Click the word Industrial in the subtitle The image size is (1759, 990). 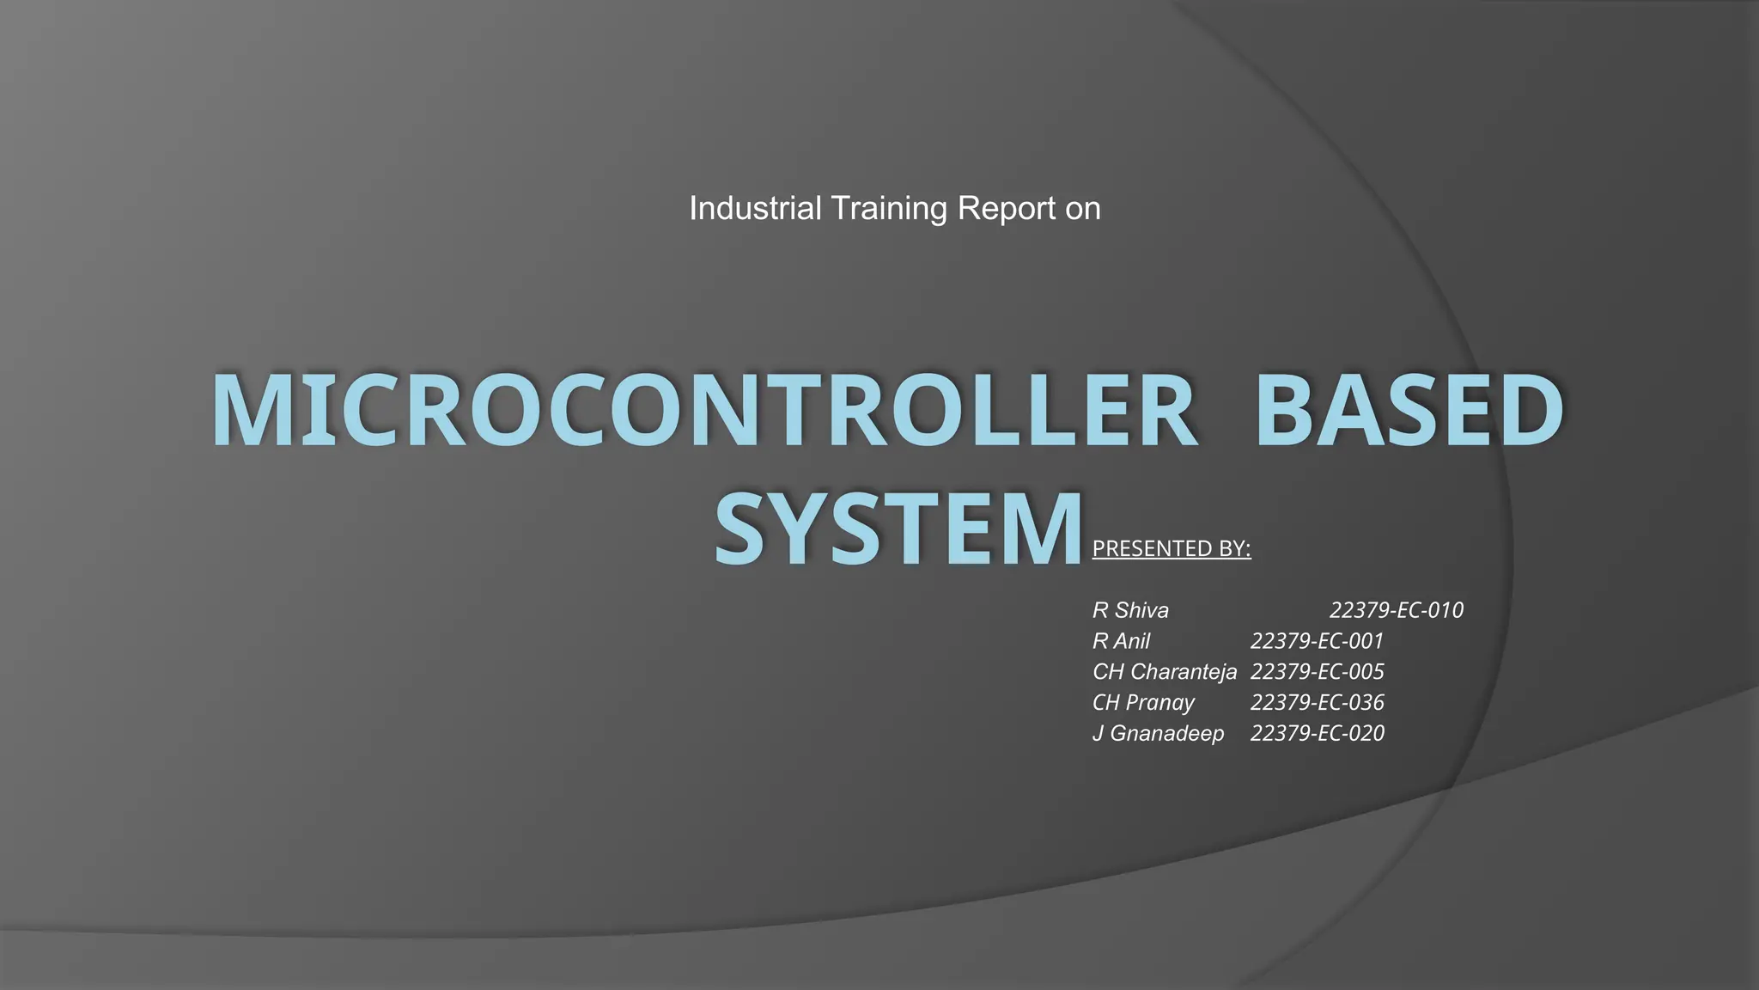[755, 208]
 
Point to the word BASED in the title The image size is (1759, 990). [1409, 411]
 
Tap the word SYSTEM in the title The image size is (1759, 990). [897, 528]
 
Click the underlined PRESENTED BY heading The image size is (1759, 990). [1172, 548]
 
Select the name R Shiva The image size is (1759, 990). [1130, 610]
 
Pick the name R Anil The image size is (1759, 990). [1121, 641]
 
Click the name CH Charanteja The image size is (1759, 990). [1165, 671]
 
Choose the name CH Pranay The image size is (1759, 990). [1143, 702]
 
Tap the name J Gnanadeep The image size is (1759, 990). [1158, 733]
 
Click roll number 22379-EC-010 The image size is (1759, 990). [1397, 610]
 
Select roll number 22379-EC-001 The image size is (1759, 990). [1317, 641]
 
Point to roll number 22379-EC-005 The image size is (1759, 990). [1317, 671]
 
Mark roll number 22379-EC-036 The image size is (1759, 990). [1317, 702]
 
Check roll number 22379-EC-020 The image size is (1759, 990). [1317, 733]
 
